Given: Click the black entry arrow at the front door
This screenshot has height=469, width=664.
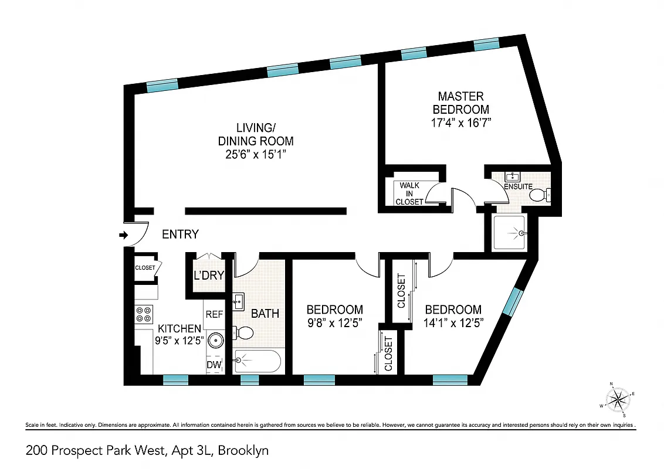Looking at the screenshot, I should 123,235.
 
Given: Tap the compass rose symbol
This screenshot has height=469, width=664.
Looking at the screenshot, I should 618,400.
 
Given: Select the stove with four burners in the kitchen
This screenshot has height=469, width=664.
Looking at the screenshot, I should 144,315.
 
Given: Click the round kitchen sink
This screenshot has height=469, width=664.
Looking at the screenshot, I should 215,339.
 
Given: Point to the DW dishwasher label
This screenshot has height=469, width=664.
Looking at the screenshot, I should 215,365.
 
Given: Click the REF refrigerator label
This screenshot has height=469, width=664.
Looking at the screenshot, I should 214,315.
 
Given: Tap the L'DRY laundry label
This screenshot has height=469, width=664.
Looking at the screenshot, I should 208,276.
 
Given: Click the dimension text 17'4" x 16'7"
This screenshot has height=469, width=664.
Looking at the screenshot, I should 460,123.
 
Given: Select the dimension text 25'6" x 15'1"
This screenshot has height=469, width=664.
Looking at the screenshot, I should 256,154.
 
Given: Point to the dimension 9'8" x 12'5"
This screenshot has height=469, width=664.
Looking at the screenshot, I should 334,322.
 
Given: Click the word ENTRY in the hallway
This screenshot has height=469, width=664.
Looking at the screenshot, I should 180,235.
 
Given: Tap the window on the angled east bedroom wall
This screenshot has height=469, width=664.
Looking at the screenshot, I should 513,301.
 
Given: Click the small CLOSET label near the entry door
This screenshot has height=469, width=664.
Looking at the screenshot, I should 145,268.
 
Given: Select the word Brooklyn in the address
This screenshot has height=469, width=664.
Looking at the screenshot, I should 244,451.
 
